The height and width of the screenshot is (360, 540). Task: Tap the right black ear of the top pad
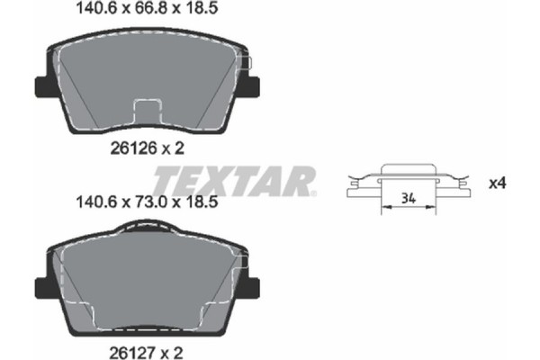pyautogui.click(x=254, y=86)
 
